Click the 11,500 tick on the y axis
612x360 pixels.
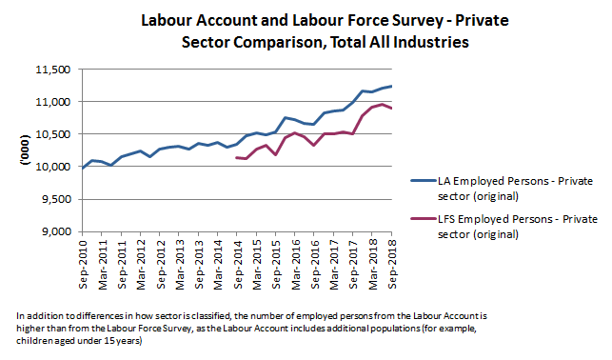pyautogui.click(x=53, y=70)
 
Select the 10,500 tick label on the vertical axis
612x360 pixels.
pyautogui.click(x=53, y=134)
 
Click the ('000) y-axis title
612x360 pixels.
pyautogui.click(x=26, y=150)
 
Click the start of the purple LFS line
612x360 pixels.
pyautogui.click(x=235, y=157)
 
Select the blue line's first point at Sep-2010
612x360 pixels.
pyautogui.click(x=82, y=168)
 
